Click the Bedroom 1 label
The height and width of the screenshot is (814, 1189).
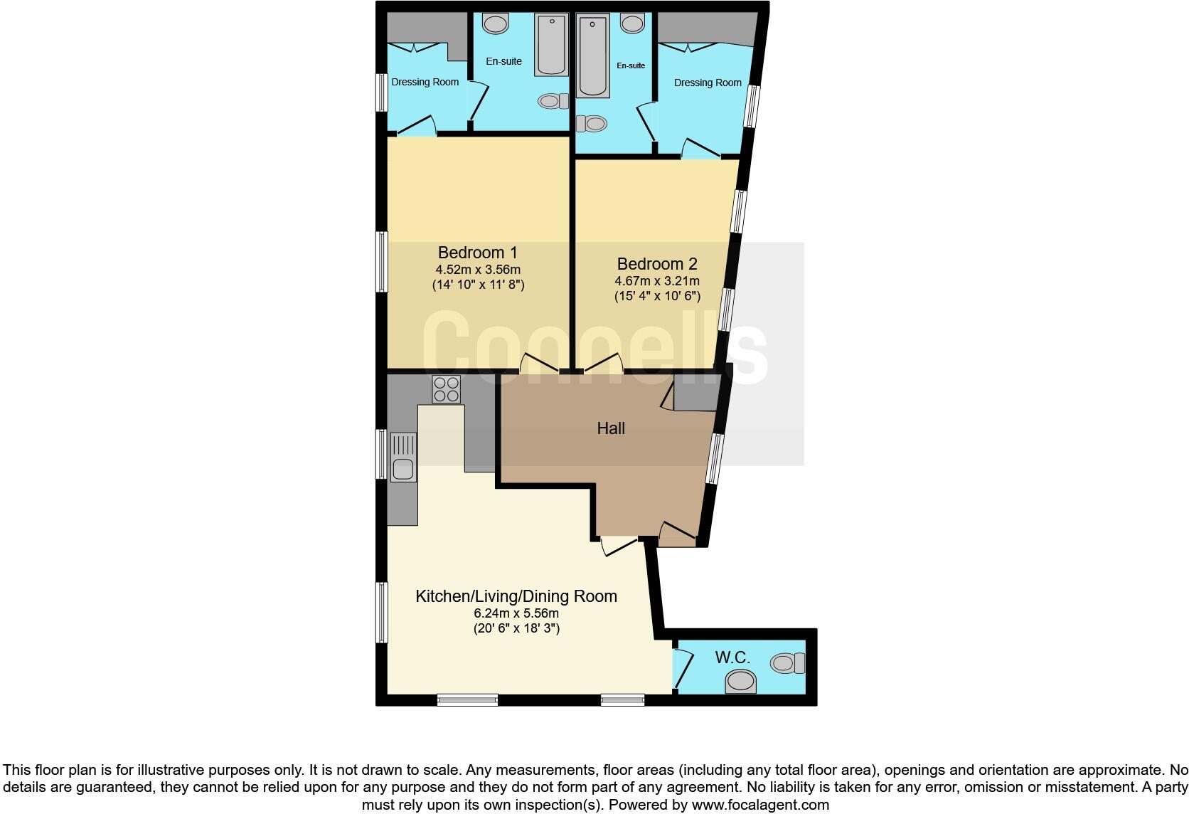click(477, 253)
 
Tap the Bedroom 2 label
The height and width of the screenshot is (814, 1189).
click(657, 263)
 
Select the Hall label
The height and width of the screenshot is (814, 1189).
click(611, 428)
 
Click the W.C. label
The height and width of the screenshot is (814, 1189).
click(732, 657)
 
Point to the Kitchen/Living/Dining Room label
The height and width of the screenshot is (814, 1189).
click(516, 596)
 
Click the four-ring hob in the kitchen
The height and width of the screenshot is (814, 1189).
click(446, 389)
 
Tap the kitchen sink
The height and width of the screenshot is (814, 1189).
click(402, 469)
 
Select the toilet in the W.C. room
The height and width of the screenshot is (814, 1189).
click(787, 663)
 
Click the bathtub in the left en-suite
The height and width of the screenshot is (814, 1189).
click(551, 43)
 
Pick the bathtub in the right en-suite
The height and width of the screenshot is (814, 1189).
click(593, 57)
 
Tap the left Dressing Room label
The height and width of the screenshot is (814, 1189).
click(425, 82)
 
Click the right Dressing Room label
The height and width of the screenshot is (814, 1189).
click(707, 83)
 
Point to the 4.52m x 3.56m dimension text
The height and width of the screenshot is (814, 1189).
click(477, 270)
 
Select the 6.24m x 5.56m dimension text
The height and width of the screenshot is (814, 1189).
click(516, 613)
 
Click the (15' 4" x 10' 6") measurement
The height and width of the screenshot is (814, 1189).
click(657, 296)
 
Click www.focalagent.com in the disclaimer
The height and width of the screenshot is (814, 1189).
click(759, 805)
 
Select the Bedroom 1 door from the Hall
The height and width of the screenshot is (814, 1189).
click(539, 364)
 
